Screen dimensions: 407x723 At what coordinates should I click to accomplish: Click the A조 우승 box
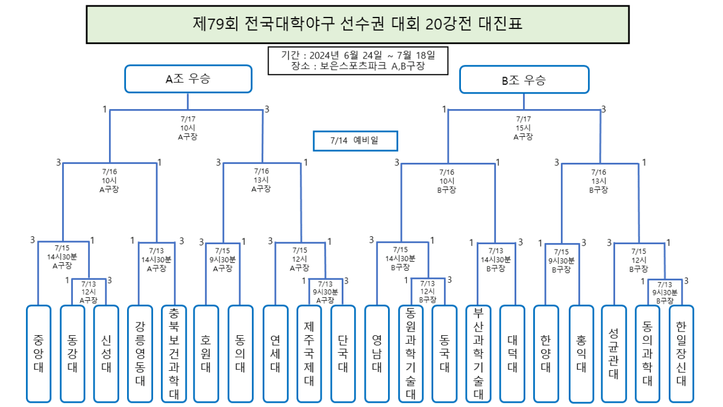[188, 79]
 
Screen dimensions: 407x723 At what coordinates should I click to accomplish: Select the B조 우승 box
[524, 80]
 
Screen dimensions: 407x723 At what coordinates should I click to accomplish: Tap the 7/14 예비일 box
[355, 140]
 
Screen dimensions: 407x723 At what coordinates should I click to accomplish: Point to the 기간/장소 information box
[358, 60]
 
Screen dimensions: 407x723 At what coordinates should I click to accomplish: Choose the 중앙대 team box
[39, 353]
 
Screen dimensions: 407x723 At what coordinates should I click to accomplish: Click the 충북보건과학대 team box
[174, 353]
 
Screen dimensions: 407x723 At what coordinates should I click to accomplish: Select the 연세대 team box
[275, 353]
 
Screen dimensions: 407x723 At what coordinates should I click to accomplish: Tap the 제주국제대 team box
[309, 353]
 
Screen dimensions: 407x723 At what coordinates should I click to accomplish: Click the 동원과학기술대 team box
[411, 353]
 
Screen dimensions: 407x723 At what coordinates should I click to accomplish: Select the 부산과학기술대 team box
[479, 353]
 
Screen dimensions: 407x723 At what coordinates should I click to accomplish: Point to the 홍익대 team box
[581, 354]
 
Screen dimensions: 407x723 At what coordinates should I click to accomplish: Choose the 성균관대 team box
[614, 353]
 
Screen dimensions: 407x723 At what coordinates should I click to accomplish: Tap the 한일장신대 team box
[681, 353]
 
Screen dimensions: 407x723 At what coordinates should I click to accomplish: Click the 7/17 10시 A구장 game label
[187, 128]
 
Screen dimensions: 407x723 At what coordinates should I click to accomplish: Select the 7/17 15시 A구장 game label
[523, 128]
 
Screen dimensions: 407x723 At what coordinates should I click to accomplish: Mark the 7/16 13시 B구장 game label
[598, 180]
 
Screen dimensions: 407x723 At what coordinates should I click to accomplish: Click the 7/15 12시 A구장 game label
[299, 259]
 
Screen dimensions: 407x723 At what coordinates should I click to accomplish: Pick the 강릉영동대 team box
[140, 353]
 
